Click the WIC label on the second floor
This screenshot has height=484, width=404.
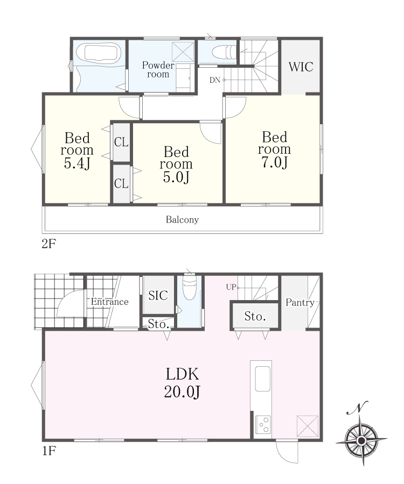301,67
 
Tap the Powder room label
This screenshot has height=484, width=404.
158,69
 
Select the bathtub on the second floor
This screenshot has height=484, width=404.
99,53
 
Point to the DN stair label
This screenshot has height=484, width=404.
215,80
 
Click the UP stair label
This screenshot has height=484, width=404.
231,287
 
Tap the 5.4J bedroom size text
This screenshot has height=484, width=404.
77,163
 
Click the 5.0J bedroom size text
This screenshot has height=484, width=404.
176,177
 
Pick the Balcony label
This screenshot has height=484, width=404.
182,219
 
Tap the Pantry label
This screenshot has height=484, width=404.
300,302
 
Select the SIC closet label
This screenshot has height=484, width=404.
158,295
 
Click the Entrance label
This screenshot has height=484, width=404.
110,302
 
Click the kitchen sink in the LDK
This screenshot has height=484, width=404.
263,379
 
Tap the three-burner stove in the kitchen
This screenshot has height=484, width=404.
263,425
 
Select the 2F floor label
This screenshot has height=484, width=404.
49,244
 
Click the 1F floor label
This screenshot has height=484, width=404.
49,451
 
